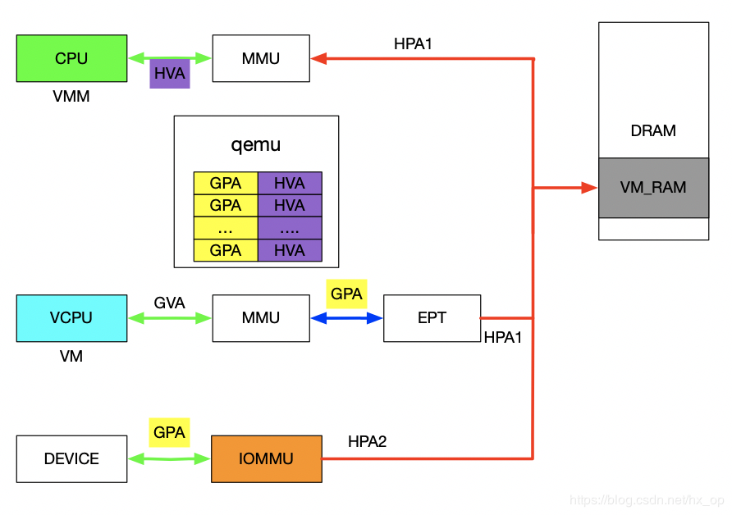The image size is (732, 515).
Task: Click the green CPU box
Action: [71, 58]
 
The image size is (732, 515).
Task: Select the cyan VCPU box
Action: [71, 317]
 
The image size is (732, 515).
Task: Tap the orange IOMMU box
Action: [266, 458]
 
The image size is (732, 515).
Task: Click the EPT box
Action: [432, 317]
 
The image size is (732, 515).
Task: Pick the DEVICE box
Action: [71, 458]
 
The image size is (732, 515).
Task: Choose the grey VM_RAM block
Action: [653, 187]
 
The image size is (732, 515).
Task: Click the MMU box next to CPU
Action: [261, 58]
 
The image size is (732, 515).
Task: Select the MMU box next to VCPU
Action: [261, 317]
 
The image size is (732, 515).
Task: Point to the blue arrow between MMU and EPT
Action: [346, 317]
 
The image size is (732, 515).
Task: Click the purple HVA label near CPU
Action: [170, 74]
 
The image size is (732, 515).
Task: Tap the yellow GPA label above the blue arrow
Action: [346, 294]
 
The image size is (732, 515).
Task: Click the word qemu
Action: [256, 145]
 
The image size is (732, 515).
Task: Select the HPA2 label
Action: [367, 441]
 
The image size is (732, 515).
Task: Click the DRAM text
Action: [653, 130]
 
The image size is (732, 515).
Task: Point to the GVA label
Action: [169, 303]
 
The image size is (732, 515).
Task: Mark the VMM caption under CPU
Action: [71, 97]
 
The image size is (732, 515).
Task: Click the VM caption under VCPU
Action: [71, 356]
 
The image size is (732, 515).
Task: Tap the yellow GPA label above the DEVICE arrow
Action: [169, 432]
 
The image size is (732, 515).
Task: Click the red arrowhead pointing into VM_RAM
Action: [589, 188]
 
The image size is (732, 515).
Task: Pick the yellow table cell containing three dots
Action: [226, 228]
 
